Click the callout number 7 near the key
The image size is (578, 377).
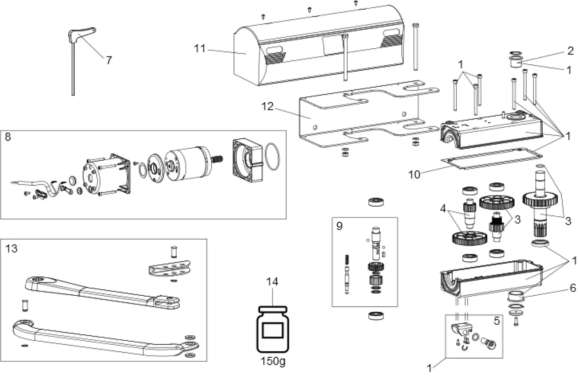pyautogui.click(x=109, y=60)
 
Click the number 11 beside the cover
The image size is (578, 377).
pyautogui.click(x=199, y=49)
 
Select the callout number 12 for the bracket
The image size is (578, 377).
pyautogui.click(x=267, y=107)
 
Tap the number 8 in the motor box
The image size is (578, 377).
pyautogui.click(x=8, y=136)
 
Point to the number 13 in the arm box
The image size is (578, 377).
pyautogui.click(x=11, y=248)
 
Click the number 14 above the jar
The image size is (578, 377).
pyautogui.click(x=272, y=282)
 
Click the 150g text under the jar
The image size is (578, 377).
pyautogui.click(x=272, y=361)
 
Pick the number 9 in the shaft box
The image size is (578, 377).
pyautogui.click(x=339, y=226)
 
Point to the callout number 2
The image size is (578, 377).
pyautogui.click(x=570, y=51)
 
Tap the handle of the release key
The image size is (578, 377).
pyautogui.click(x=83, y=32)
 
